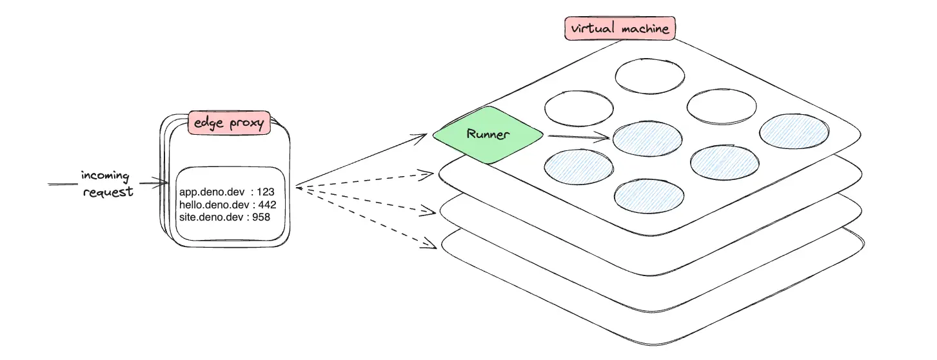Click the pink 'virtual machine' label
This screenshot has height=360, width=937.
pyautogui.click(x=620, y=28)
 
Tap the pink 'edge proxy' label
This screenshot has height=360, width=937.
pyautogui.click(x=228, y=123)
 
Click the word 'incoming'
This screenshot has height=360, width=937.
pyautogui.click(x=105, y=176)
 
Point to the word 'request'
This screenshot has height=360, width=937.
pyautogui.click(x=108, y=192)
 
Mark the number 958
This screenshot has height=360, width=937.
pyautogui.click(x=261, y=217)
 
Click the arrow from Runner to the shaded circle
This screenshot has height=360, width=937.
pyautogui.click(x=577, y=136)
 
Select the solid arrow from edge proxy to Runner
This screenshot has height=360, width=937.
pyautogui.click(x=361, y=161)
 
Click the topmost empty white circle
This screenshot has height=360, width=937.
pyautogui.click(x=649, y=76)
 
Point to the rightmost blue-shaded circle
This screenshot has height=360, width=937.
pyautogui.click(x=793, y=132)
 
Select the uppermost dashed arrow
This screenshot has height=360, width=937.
pyautogui.click(x=364, y=180)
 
